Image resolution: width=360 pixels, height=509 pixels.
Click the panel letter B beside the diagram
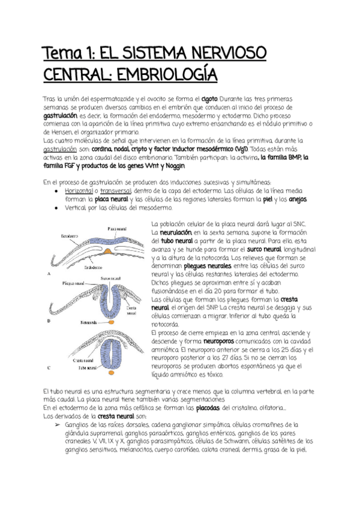48,322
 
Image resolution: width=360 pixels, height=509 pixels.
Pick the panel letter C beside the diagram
48,367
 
